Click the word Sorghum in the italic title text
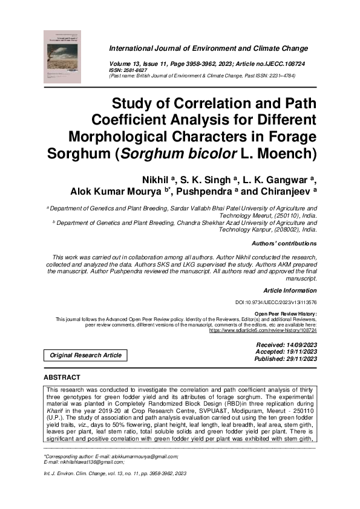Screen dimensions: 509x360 click(x=151, y=152)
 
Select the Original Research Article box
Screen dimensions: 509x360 click(x=85, y=355)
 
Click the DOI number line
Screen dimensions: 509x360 click(x=276, y=302)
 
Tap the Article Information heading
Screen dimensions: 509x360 click(x=290, y=291)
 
